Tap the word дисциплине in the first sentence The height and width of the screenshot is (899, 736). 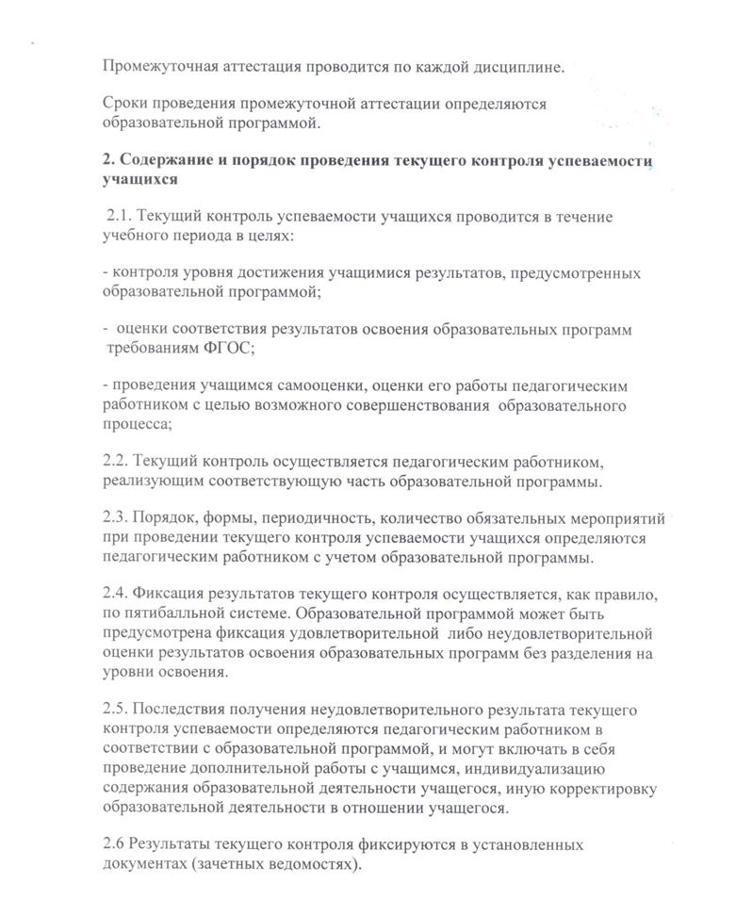519,67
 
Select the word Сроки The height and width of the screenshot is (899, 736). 125,104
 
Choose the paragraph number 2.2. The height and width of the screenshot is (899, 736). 117,463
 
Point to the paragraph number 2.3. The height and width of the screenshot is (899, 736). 117,518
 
